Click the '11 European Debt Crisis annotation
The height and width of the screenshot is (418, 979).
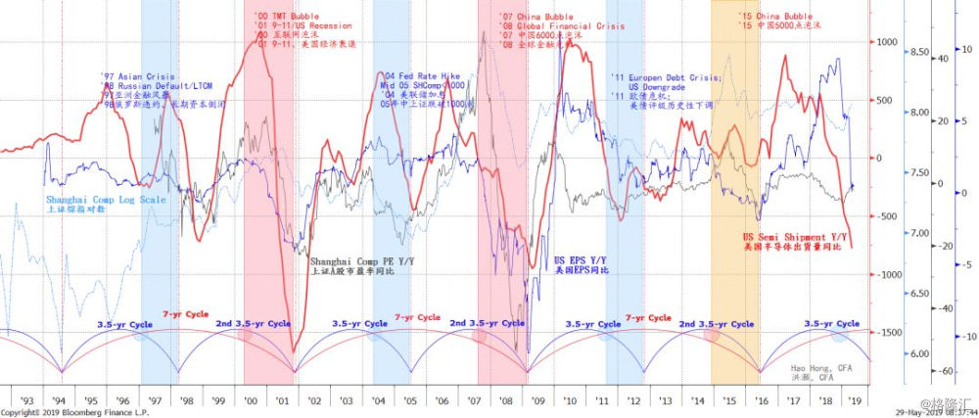666,77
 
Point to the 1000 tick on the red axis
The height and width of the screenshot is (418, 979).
887,42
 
